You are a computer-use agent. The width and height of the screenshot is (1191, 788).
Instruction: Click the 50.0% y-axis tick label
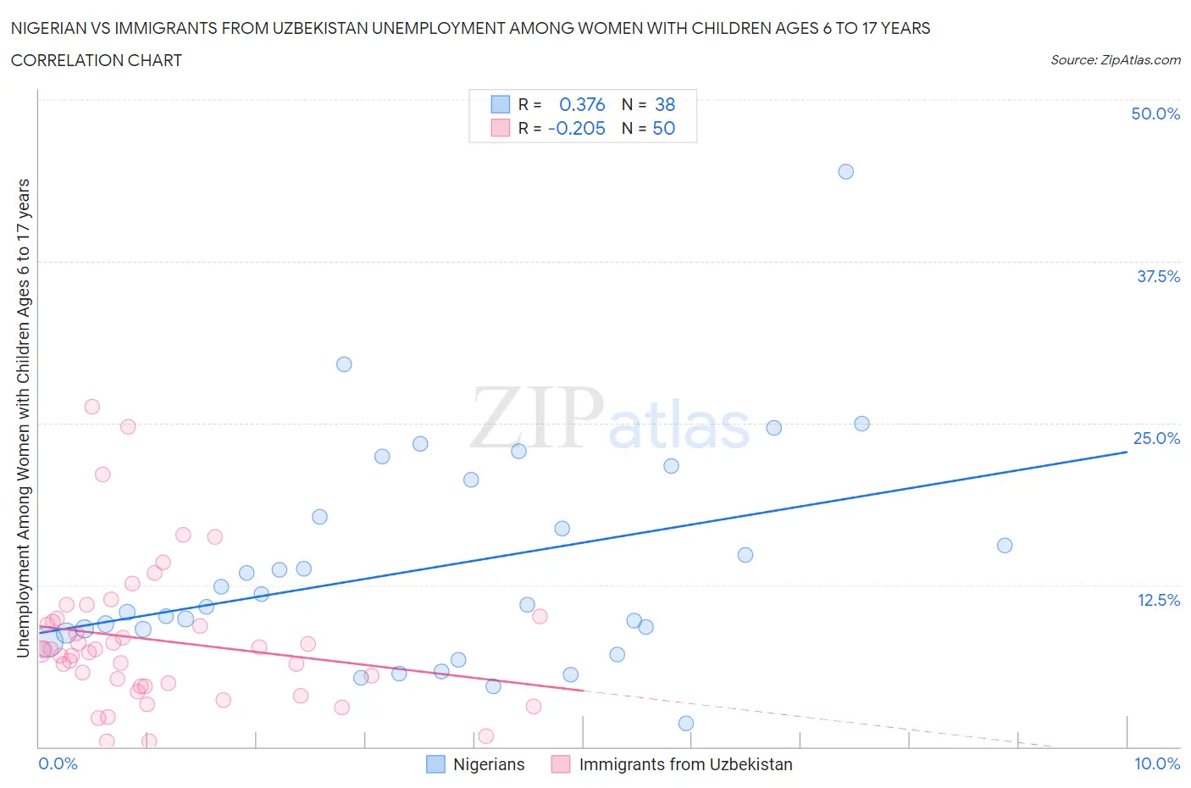pos(1155,114)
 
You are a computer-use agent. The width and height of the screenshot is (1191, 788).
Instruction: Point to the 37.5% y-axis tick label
pos(1158,276)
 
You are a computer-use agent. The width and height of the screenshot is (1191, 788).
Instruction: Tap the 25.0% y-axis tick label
pos(1156,438)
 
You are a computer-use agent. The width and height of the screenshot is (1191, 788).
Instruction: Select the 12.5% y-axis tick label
pos(1158,600)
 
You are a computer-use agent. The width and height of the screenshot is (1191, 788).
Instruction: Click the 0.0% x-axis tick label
pos(58,763)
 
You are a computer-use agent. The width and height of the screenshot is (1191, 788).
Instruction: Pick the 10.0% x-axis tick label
pos(1157,763)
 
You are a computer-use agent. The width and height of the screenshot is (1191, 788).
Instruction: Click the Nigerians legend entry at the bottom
pos(488,764)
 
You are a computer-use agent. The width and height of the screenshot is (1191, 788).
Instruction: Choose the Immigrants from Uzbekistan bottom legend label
pos(685,764)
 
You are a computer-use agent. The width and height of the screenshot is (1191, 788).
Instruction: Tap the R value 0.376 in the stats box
pos(582,104)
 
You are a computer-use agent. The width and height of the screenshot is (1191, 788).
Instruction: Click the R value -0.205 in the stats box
pos(577,128)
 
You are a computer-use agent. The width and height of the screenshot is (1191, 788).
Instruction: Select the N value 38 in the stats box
pos(665,104)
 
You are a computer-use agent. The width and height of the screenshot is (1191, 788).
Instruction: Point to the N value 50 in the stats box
pos(664,128)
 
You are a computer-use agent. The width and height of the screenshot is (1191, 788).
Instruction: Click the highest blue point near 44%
pos(845,171)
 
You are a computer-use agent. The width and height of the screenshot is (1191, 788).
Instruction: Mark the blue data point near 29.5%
pos(344,364)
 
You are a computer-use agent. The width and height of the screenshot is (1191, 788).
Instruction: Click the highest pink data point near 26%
pos(91,407)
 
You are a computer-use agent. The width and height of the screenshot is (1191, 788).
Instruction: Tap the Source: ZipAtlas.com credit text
pos(1115,59)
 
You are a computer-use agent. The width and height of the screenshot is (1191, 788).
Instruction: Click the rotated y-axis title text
pos(23,418)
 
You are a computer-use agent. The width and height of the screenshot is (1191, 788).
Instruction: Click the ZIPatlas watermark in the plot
pos(610,419)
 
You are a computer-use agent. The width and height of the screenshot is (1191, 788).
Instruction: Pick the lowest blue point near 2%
pos(686,724)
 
